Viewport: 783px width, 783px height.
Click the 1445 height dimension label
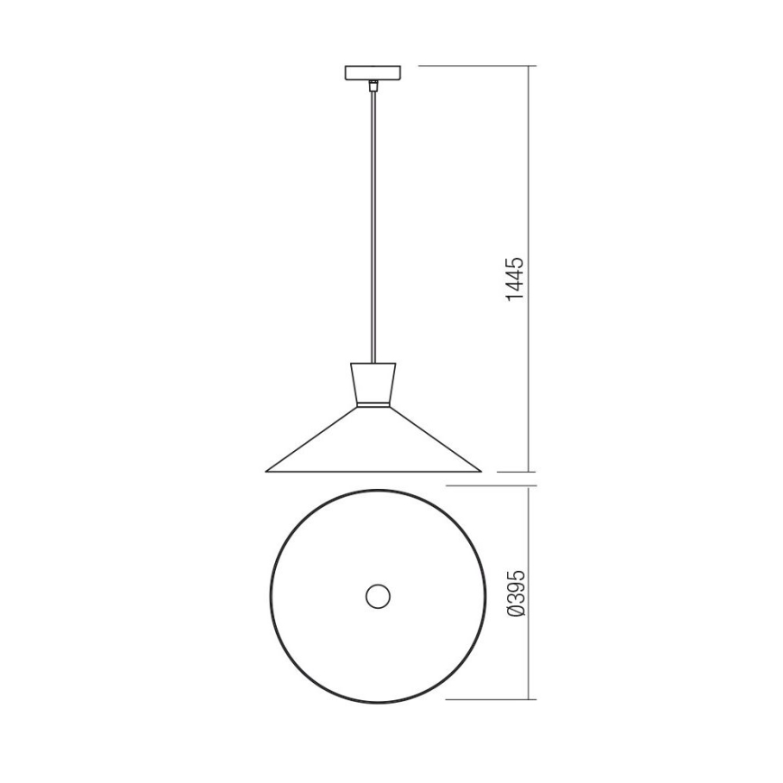point(514,279)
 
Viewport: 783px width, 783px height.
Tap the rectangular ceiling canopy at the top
point(373,73)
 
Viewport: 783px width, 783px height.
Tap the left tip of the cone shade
point(265,471)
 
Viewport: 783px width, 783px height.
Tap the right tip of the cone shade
point(481,471)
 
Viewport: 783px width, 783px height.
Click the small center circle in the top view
point(378,595)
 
